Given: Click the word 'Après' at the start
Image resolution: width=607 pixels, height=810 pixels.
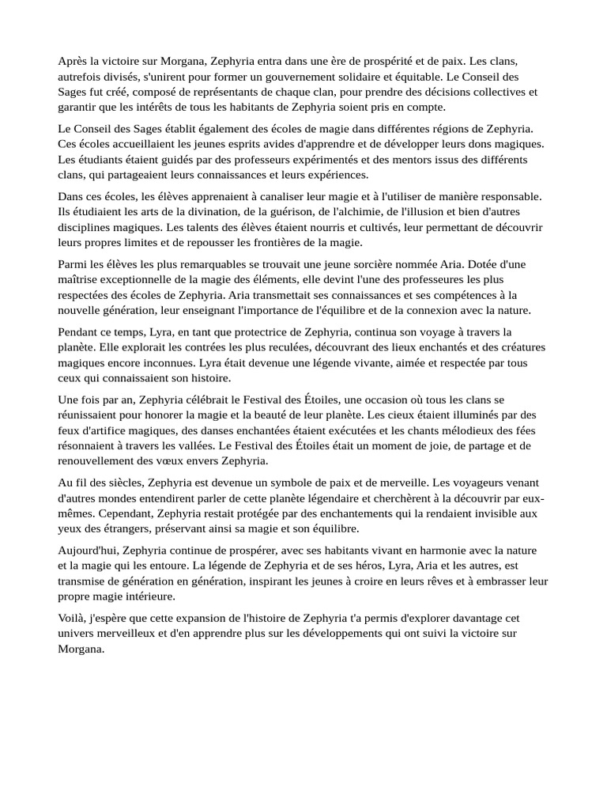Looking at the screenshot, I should click(x=72, y=61).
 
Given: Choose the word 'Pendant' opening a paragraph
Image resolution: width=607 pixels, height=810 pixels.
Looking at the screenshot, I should click(x=79, y=331).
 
